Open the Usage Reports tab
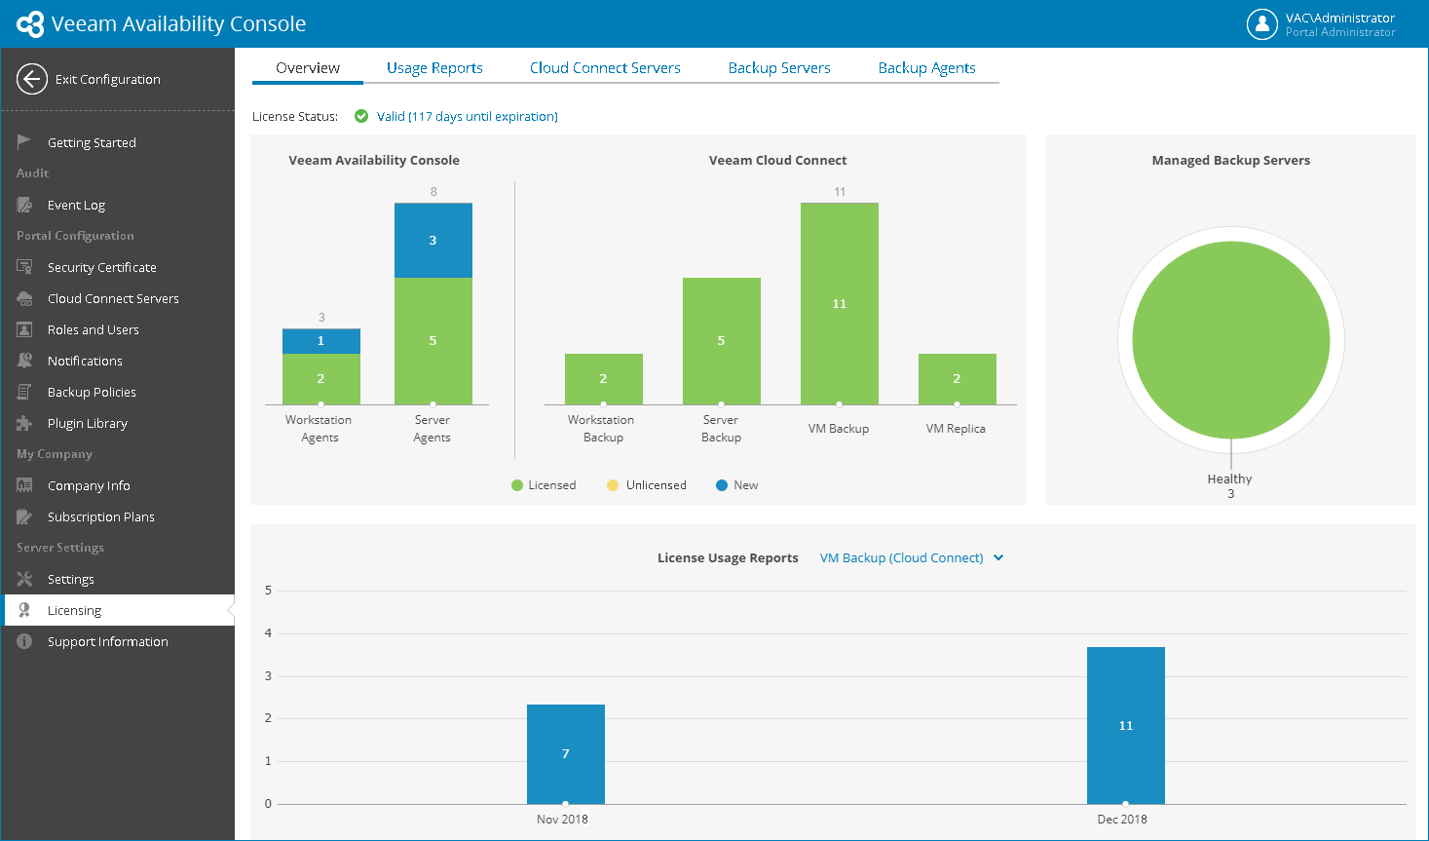[x=434, y=67]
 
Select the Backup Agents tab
[x=926, y=67]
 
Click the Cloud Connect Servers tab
[x=605, y=67]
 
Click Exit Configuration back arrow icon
[x=32, y=79]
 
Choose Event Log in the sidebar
[x=76, y=205]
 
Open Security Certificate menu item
[x=101, y=267]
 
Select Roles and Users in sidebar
[x=94, y=330]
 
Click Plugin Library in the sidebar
[x=88, y=423]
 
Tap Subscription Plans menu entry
[x=100, y=516]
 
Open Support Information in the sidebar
[x=108, y=641]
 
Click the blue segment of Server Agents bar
[x=433, y=240]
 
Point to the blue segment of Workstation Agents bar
[x=320, y=341]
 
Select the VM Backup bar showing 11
[x=840, y=304]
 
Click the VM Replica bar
[x=957, y=379]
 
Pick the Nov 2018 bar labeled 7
[x=566, y=754]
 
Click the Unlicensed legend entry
[x=646, y=485]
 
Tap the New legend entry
[x=736, y=485]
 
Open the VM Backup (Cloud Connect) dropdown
[x=912, y=557]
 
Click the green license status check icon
[x=361, y=116]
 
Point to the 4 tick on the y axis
[x=268, y=633]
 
